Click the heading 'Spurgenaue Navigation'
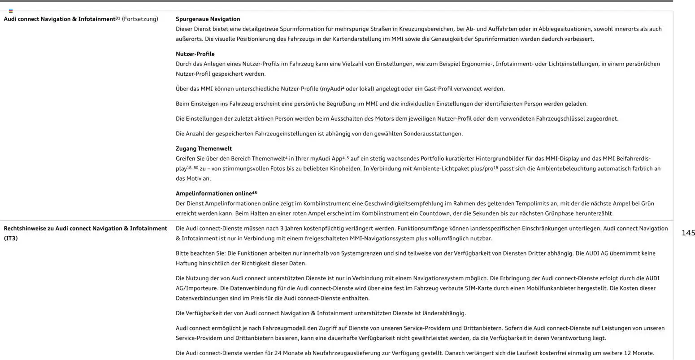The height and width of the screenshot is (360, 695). [x=208, y=19]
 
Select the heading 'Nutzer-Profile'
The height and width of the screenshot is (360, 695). [x=195, y=54]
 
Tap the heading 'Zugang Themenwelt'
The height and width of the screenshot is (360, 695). [x=204, y=149]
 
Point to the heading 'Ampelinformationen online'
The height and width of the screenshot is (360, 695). [x=213, y=194]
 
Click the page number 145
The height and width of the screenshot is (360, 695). [x=688, y=233]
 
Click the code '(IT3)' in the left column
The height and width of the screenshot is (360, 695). [x=11, y=239]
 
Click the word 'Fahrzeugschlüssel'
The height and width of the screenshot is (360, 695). [x=560, y=119]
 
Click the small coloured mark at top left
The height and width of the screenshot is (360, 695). [x=11, y=10]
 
